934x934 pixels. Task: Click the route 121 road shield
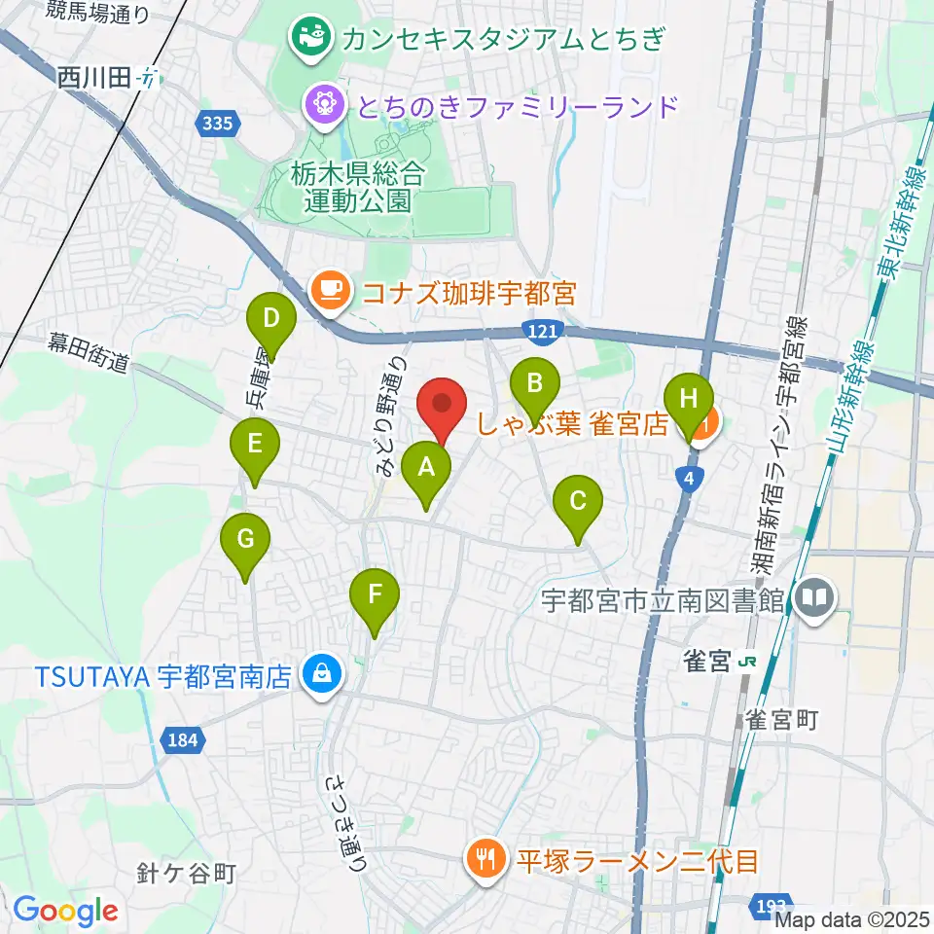click(x=545, y=332)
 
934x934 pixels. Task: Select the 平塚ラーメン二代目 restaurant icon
click(x=485, y=858)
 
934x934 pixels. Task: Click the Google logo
click(x=65, y=911)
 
